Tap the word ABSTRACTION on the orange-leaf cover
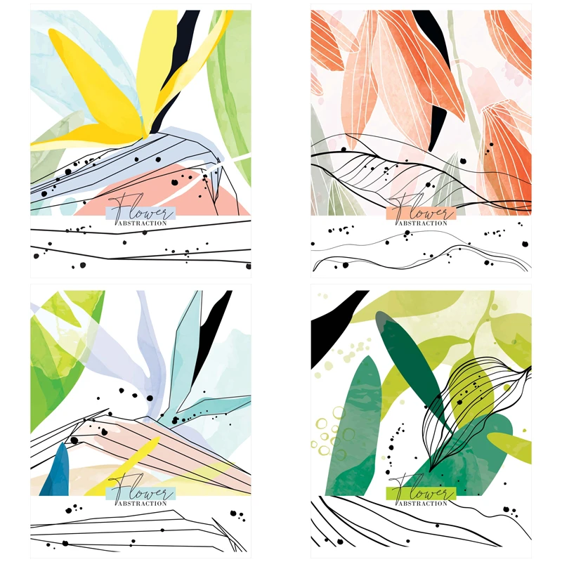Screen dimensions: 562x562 (x=423, y=223)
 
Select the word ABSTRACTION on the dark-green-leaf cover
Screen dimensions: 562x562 (x=423, y=504)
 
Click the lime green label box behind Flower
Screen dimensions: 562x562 (x=421, y=494)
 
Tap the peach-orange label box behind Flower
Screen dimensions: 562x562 (x=421, y=214)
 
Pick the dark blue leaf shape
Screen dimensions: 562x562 (x=55, y=470)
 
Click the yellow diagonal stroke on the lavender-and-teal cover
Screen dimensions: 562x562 (x=126, y=462)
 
